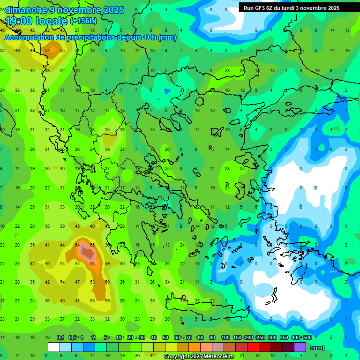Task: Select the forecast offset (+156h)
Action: coord(83,21)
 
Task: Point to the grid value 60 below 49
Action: coord(107,282)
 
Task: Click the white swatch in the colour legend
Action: coord(54,347)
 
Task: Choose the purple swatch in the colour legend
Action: coord(300,347)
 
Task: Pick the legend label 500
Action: coord(307,337)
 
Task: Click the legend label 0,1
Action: coord(60,337)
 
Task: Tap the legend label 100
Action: coord(225,337)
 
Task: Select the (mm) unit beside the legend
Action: coord(317,348)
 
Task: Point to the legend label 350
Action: coord(284,337)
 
